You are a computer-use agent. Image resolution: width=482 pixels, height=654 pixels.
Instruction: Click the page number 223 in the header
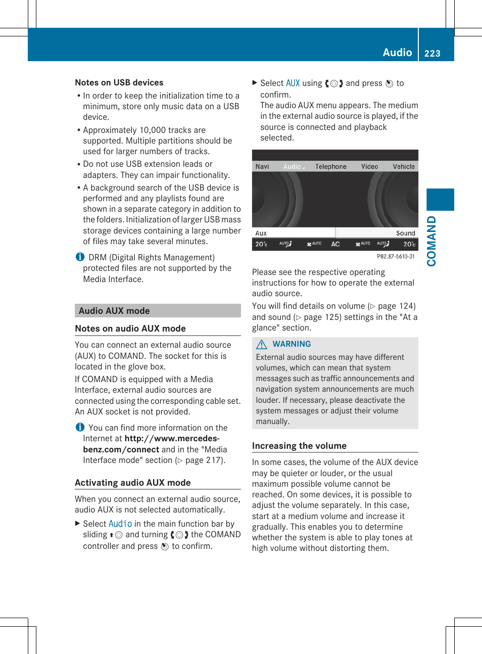pyautogui.click(x=432, y=53)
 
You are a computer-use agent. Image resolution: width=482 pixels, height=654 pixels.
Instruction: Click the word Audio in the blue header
pyautogui.click(x=397, y=52)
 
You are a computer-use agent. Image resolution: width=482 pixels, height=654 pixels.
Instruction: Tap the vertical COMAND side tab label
pyautogui.click(x=431, y=241)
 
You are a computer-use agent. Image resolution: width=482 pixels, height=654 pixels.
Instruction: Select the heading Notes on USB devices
pyautogui.click(x=119, y=82)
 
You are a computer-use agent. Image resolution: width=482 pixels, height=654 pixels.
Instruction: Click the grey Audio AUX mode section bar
pyautogui.click(x=158, y=311)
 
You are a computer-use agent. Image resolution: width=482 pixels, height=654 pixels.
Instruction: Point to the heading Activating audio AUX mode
pyautogui.click(x=133, y=483)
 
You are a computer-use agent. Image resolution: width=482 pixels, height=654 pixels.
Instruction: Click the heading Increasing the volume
pyautogui.click(x=299, y=446)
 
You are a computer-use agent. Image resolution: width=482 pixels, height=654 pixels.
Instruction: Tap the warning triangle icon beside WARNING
pyautogui.click(x=261, y=344)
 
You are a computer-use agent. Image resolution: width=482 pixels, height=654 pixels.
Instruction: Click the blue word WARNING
pyautogui.click(x=292, y=344)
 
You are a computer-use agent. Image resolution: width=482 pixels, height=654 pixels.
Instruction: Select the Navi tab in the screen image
pyautogui.click(x=262, y=166)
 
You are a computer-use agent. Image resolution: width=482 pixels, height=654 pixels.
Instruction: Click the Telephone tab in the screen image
pyautogui.click(x=330, y=166)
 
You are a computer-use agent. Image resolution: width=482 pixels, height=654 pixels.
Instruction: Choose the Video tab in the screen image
pyautogui.click(x=369, y=166)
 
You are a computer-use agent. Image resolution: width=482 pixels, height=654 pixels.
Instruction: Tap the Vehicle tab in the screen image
pyautogui.click(x=403, y=166)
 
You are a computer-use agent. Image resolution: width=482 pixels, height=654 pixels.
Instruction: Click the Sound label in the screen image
pyautogui.click(x=405, y=233)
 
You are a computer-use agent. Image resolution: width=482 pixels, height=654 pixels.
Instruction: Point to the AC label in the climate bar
pyautogui.click(x=335, y=244)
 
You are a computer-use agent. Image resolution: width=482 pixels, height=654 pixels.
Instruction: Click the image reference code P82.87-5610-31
pyautogui.click(x=396, y=257)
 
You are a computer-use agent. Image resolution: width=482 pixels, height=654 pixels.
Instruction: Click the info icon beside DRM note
pyautogui.click(x=80, y=257)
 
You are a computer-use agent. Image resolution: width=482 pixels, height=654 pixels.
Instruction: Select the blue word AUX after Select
pyautogui.click(x=293, y=83)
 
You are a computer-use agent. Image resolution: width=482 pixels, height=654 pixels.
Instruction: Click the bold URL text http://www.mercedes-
pyautogui.click(x=172, y=439)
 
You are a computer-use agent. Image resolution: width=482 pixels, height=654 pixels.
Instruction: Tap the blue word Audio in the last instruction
pyautogui.click(x=120, y=524)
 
